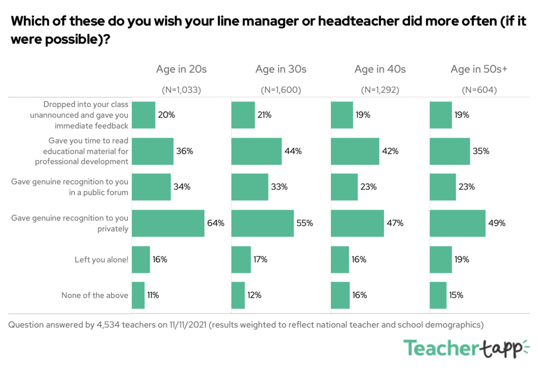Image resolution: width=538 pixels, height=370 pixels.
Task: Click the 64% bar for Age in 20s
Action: pyautogui.click(x=168, y=223)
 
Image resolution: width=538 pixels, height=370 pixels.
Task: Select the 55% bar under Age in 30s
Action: pyautogui.click(x=262, y=223)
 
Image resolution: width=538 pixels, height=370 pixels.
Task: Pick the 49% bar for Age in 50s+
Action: pyautogui.click(x=457, y=223)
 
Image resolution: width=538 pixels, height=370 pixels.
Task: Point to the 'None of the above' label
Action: pyautogui.click(x=95, y=295)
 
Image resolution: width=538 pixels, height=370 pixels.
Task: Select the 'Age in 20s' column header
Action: pyautogui.click(x=181, y=69)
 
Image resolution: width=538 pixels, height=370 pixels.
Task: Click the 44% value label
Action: pyautogui.click(x=293, y=151)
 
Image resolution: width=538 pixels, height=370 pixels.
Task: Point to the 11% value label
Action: pyautogui.click(x=153, y=295)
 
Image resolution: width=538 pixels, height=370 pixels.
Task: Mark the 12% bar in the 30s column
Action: pyautogui.click(x=238, y=295)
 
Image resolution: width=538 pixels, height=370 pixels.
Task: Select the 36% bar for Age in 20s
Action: pyautogui.click(x=152, y=151)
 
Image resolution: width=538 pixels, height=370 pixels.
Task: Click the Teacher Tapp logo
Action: pyautogui.click(x=466, y=348)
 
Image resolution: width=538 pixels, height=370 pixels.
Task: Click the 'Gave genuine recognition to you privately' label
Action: pyautogui.click(x=70, y=223)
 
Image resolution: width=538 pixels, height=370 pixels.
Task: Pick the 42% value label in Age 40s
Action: pyautogui.click(x=390, y=151)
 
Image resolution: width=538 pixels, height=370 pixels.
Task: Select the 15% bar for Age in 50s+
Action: pyautogui.click(x=438, y=295)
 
